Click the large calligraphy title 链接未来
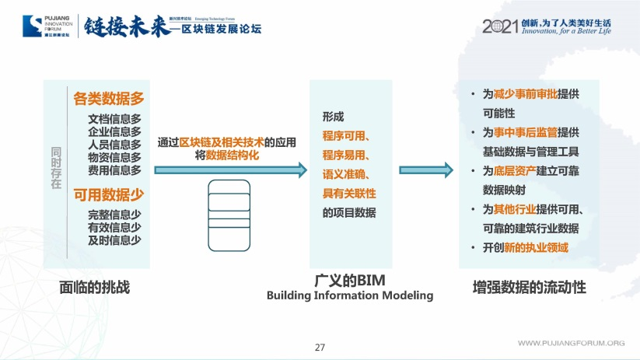pos(124,24)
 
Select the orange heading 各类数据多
pos(109,99)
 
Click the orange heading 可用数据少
pos(109,194)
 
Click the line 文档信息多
pos(114,119)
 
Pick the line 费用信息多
pos(114,170)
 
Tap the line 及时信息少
pos(114,240)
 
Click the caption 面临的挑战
pos(94,286)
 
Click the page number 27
pos(320,346)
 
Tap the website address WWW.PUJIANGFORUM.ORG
pos(572,343)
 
